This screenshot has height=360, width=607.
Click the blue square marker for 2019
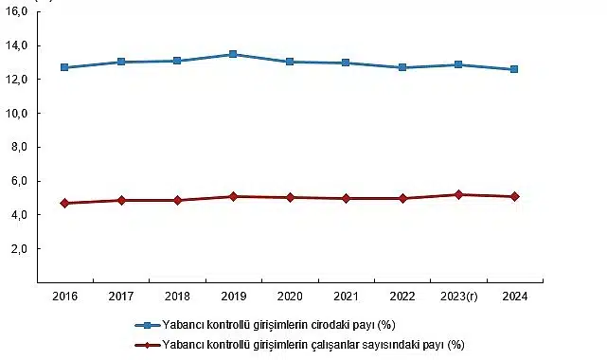pyautogui.click(x=233, y=55)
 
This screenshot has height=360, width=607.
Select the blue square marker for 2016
pyautogui.click(x=64, y=67)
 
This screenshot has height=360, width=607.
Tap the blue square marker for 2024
pyautogui.click(x=514, y=69)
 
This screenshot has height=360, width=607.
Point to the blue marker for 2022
pyautogui.click(x=402, y=67)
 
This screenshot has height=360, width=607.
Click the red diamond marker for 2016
pyautogui.click(x=64, y=203)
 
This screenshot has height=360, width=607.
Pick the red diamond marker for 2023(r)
pyautogui.click(x=458, y=194)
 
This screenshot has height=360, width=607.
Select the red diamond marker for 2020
pyautogui.click(x=290, y=197)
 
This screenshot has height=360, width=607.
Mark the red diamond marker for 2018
pyautogui.click(x=177, y=200)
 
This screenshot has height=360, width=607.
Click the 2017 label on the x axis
pyautogui.click(x=121, y=296)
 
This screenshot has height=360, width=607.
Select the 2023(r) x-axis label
pyautogui.click(x=458, y=296)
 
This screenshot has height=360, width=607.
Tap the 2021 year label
pyautogui.click(x=346, y=296)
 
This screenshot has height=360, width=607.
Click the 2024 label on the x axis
pyautogui.click(x=514, y=296)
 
